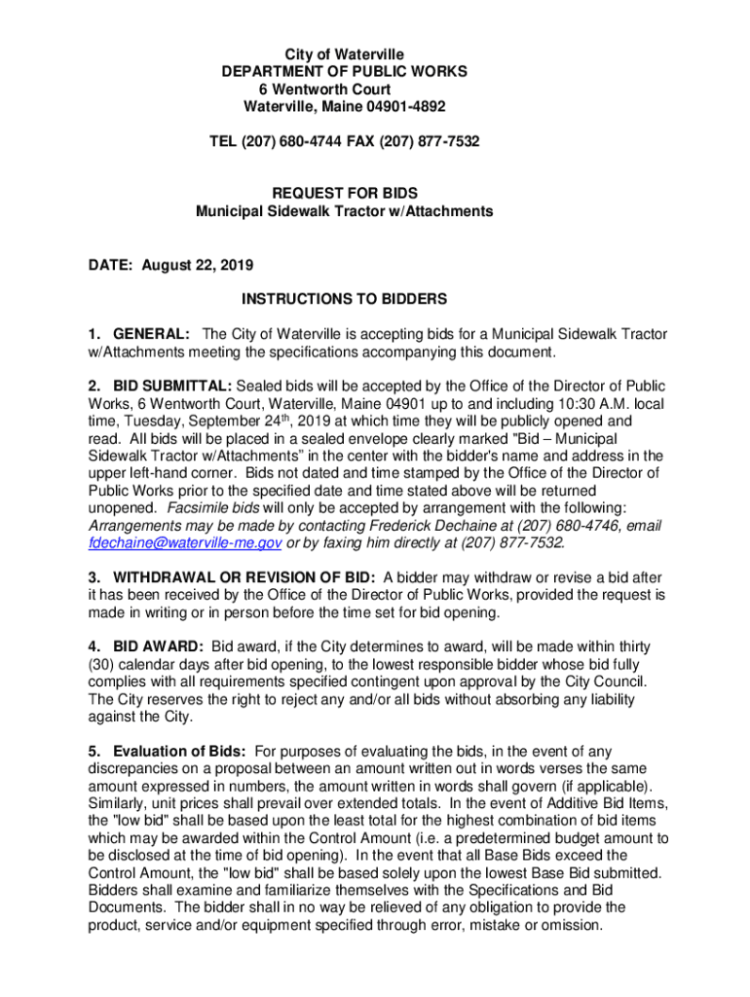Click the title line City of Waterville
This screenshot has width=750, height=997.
tap(344, 54)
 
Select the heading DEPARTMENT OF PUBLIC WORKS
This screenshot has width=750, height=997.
tap(344, 71)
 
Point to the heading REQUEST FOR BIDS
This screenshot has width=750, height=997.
tap(344, 194)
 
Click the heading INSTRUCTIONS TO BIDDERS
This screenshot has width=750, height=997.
tap(344, 299)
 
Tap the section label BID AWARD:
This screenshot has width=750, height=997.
tap(158, 646)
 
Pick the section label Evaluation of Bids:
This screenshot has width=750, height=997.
tap(180, 751)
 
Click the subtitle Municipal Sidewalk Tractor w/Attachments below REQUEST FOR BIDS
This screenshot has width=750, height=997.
tap(344, 211)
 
